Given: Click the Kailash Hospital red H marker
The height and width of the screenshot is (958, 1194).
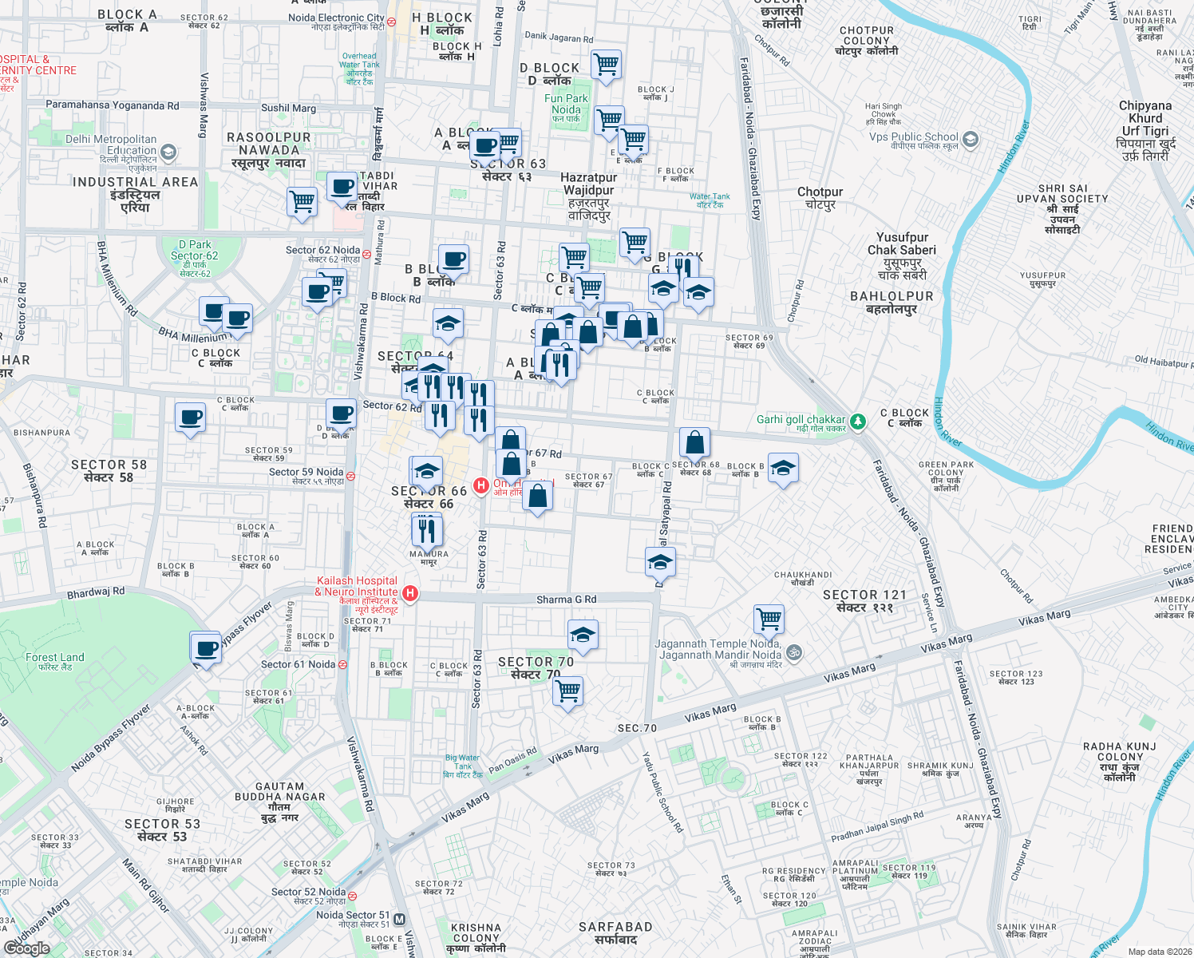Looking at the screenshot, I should coord(410,592).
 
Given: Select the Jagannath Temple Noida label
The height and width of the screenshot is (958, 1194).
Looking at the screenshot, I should coord(718,649).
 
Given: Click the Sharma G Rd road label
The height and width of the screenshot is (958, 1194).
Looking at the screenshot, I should coord(566,600).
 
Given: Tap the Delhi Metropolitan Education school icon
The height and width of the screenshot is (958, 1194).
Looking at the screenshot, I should coord(168,151).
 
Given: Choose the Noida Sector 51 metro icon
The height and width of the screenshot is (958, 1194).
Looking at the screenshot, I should coord(400,919).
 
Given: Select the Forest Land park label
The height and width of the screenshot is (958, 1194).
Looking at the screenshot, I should coord(54,658).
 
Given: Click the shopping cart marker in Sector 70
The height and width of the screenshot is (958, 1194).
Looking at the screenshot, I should coord(568,691).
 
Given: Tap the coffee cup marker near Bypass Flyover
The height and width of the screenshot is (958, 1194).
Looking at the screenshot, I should coord(206,648).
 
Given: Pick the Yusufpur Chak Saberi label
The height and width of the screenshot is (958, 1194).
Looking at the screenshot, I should coord(902,243).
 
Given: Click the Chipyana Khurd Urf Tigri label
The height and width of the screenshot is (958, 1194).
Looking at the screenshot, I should coord(1145,118).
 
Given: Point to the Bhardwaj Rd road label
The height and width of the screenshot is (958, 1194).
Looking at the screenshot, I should coord(96,593).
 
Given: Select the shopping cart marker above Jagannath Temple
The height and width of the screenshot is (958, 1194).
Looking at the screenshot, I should coord(769,619).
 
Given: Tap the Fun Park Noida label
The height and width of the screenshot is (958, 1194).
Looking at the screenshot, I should coord(566,104).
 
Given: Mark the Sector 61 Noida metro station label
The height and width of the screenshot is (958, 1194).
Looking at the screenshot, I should coord(298,664).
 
